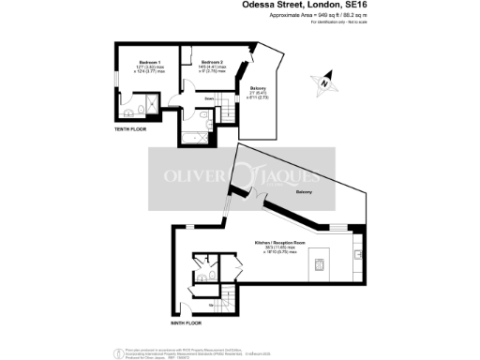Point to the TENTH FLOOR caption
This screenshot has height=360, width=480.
pos(130,129)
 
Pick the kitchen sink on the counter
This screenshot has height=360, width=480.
pos(357,251)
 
